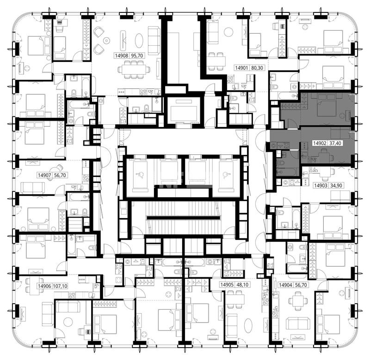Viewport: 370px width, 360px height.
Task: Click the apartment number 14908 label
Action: click(x=122, y=55)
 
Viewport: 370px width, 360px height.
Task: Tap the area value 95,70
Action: click(x=137, y=55)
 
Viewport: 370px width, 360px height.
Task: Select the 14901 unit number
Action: click(x=241, y=68)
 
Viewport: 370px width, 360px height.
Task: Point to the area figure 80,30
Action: click(x=257, y=68)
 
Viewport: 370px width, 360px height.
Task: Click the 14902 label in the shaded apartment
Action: click(x=320, y=143)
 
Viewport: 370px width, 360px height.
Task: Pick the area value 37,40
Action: click(x=335, y=143)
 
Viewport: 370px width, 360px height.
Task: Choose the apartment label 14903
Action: click(x=321, y=185)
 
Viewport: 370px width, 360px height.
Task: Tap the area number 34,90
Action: click(x=336, y=185)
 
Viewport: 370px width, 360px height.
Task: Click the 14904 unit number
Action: click(x=286, y=285)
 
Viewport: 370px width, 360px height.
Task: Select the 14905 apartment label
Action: click(x=227, y=285)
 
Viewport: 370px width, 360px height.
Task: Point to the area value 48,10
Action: click(x=242, y=285)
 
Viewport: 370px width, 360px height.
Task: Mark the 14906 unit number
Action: click(x=44, y=286)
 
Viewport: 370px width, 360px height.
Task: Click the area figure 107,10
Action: click(x=61, y=286)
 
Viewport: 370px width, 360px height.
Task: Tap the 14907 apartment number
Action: click(x=44, y=175)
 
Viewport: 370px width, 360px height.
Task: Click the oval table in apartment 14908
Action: click(x=139, y=41)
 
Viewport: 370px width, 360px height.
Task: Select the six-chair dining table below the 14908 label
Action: click(x=134, y=69)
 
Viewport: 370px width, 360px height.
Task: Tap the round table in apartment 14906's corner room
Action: click(x=68, y=322)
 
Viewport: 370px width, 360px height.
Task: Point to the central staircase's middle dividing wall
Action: click(x=183, y=218)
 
